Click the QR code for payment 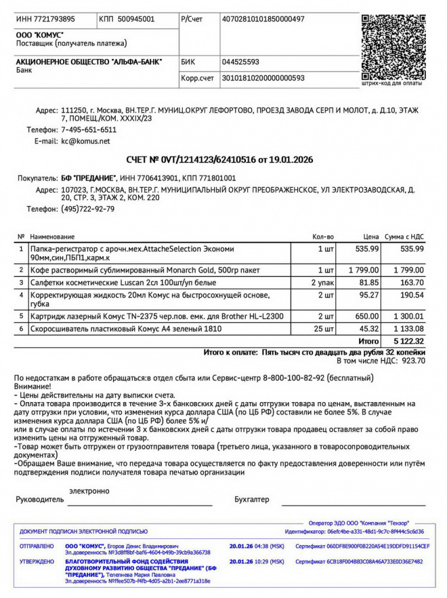click(393, 45)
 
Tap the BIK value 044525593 click(240, 61)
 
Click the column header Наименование click(51, 237)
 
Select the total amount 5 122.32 click(406, 341)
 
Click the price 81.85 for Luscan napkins click(368, 282)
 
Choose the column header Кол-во click(323, 237)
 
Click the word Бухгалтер click(251, 500)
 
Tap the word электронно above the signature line click(89, 490)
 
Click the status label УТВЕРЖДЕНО click(37, 561)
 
